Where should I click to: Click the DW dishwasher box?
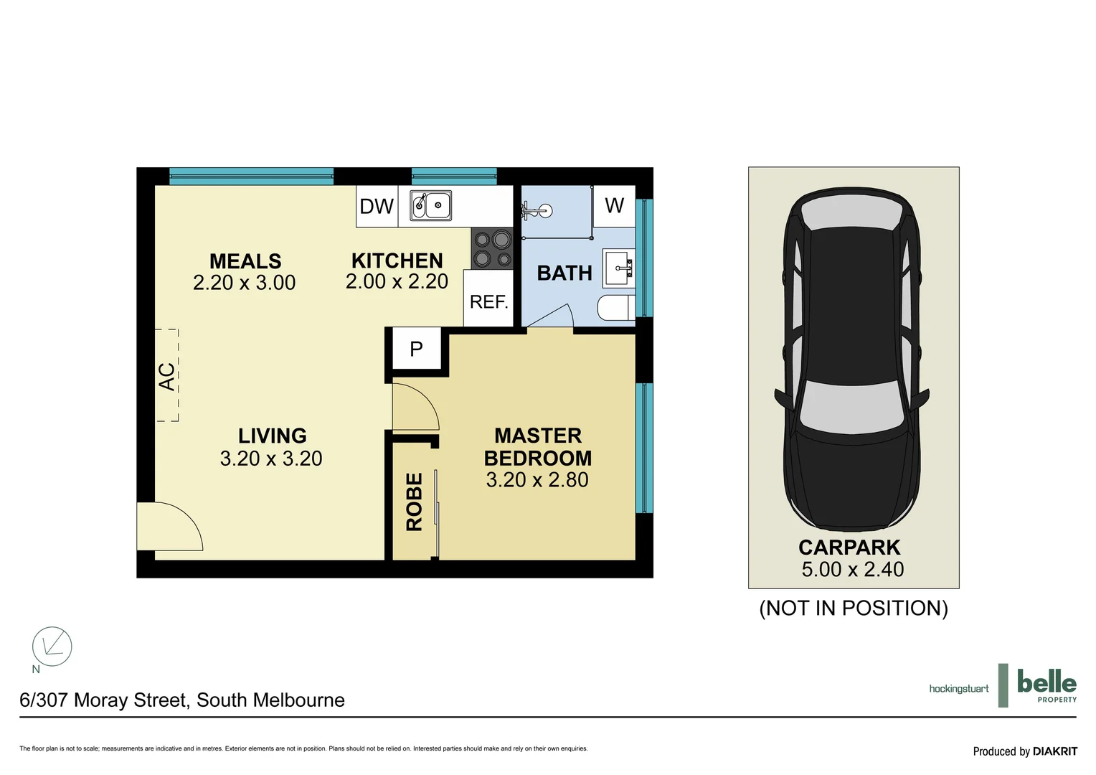coord(377,207)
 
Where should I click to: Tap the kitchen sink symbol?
coord(430,205)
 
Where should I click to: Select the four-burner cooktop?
coord(492,249)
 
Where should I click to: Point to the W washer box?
coord(614,206)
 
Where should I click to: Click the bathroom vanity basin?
coord(619,269)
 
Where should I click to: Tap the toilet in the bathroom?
coord(615,308)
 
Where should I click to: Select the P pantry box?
coord(416,349)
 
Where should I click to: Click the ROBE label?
coord(414,502)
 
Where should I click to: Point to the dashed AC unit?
coord(167,375)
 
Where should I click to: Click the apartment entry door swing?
coord(169,527)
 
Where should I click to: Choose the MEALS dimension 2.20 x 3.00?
coord(244,283)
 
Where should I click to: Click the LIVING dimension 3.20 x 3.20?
coord(271,459)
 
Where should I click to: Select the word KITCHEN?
coord(397,260)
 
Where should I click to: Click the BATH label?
coord(564,273)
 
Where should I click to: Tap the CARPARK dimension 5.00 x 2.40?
coord(852,570)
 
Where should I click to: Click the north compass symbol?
coord(52,647)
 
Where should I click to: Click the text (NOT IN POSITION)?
coord(854,609)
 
